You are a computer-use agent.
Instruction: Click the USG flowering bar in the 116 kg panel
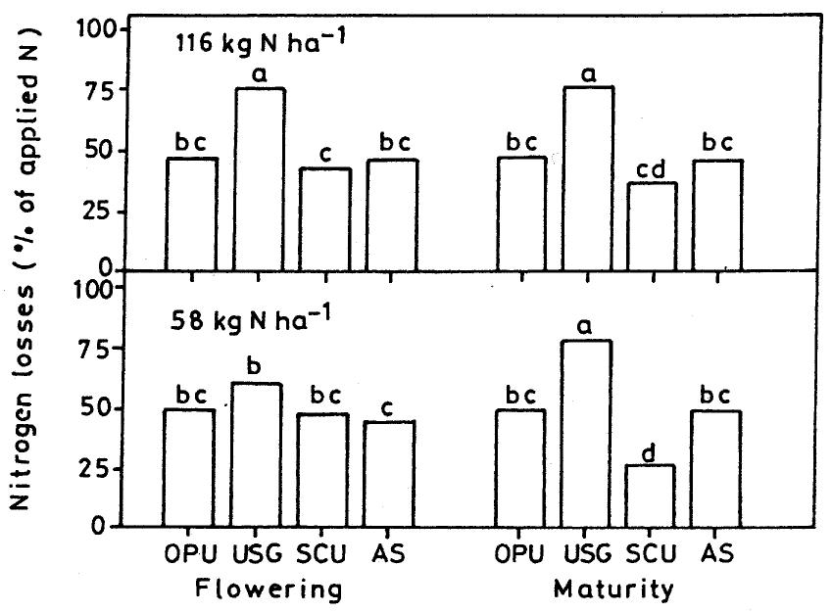click(x=259, y=179)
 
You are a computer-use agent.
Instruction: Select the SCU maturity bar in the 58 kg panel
click(x=651, y=495)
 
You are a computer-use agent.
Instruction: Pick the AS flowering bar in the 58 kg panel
click(x=389, y=474)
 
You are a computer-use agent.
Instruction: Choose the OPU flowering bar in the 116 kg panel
click(x=192, y=214)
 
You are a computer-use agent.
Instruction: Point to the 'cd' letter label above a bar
click(x=651, y=169)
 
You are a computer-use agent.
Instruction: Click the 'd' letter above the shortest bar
click(x=650, y=452)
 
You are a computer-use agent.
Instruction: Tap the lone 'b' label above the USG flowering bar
click(x=255, y=366)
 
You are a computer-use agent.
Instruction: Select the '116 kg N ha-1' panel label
click(x=261, y=42)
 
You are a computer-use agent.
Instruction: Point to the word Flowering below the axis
click(x=269, y=589)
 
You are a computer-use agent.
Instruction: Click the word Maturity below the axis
click(x=613, y=589)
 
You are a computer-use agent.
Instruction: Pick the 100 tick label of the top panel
click(x=97, y=28)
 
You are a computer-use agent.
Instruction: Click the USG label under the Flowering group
click(x=258, y=554)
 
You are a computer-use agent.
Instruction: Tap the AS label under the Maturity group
click(x=717, y=553)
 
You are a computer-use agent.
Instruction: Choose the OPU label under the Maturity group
click(x=520, y=554)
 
